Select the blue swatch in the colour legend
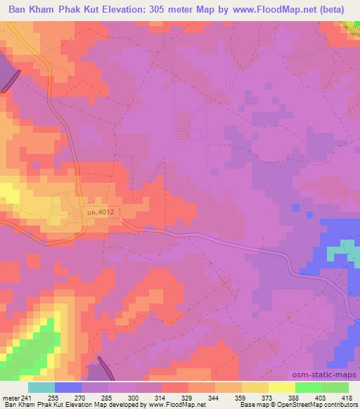point(68,387)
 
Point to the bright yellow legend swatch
point(281,387)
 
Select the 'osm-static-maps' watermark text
point(331,376)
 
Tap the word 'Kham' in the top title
point(49,9)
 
